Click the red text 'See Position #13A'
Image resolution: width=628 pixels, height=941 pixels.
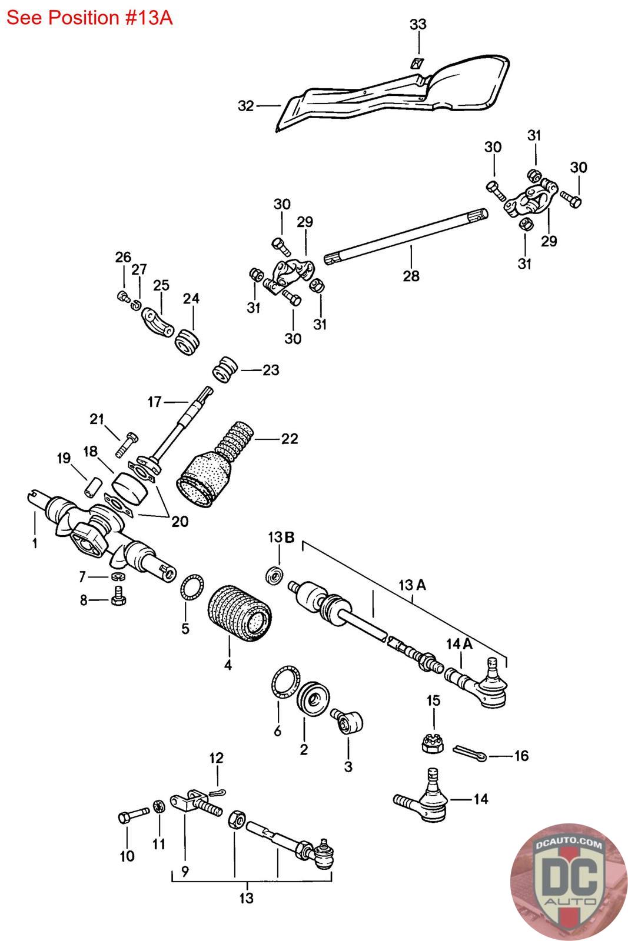[x=89, y=18]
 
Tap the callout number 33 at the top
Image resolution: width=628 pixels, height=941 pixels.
[x=418, y=24]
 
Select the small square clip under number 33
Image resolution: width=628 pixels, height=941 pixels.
[x=417, y=64]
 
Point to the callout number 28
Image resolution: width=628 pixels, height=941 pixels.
[x=411, y=276]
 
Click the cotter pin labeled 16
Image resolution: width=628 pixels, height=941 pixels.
[x=470, y=752]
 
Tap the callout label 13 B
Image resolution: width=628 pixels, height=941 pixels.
[x=281, y=537]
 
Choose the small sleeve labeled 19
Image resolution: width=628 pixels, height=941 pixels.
[x=93, y=486]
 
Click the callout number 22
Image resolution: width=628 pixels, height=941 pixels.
[x=289, y=439]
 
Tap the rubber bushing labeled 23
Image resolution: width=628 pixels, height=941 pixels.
[x=225, y=369]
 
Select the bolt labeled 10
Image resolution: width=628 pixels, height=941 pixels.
[x=134, y=815]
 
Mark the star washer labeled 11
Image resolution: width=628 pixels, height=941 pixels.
[x=158, y=807]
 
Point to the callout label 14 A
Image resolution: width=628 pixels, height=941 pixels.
[x=459, y=644]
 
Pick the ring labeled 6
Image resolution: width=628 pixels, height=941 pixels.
[x=285, y=682]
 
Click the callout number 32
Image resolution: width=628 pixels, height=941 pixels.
[x=246, y=106]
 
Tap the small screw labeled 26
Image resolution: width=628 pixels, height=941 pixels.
[x=123, y=296]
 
